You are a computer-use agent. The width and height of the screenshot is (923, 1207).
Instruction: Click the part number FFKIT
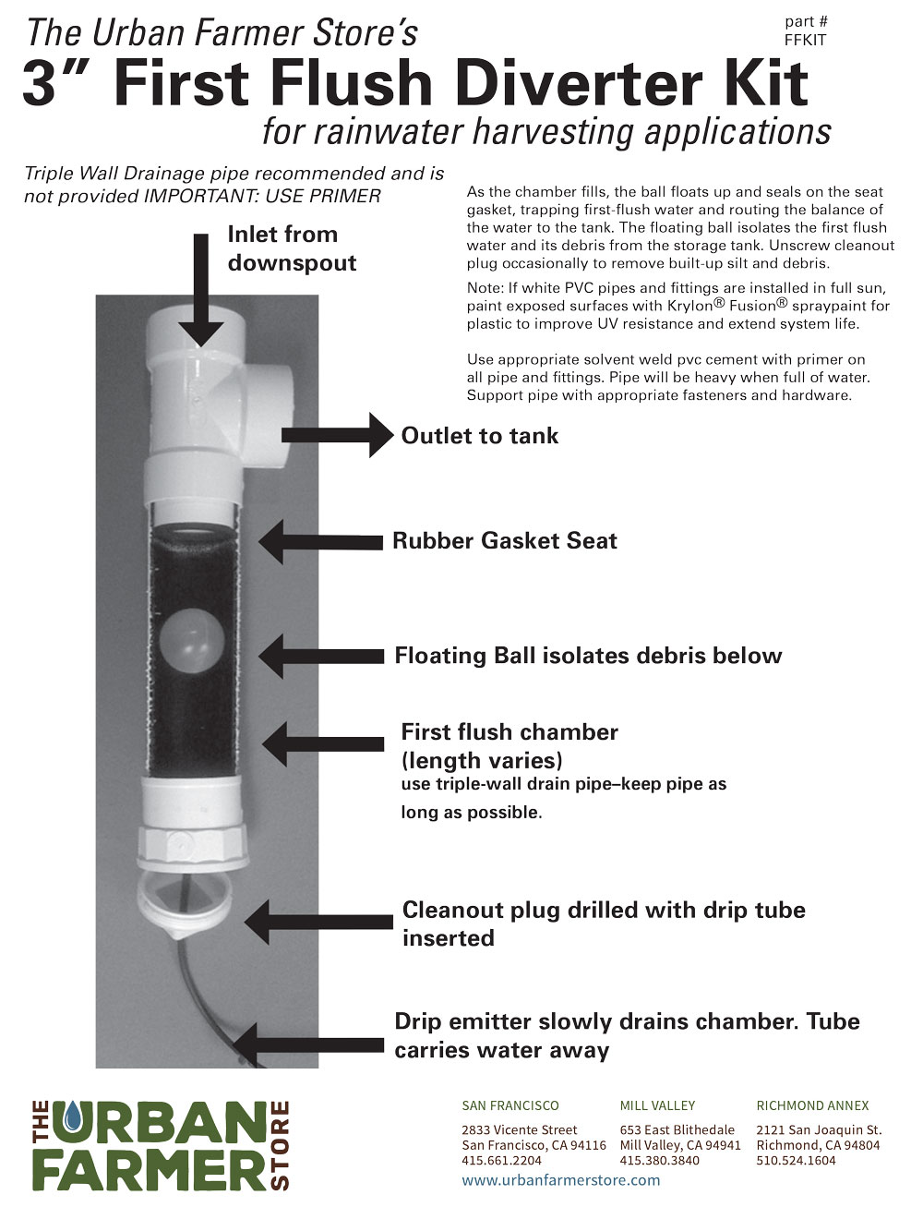[x=805, y=40]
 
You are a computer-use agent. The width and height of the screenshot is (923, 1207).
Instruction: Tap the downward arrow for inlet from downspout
[x=208, y=291]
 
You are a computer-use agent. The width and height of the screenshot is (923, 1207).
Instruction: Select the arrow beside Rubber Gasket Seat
[x=318, y=542]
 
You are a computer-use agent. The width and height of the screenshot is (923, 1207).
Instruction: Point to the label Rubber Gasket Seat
[x=504, y=541]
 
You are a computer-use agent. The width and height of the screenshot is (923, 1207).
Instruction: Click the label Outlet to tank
[x=479, y=436]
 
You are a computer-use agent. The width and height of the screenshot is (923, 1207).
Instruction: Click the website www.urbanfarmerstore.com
[x=560, y=1180]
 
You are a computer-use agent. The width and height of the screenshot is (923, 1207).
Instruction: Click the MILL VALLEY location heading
[x=657, y=1105]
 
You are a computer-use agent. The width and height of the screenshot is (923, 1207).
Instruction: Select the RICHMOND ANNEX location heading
[x=811, y=1105]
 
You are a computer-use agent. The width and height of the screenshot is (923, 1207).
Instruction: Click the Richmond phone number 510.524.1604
[x=796, y=1161]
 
